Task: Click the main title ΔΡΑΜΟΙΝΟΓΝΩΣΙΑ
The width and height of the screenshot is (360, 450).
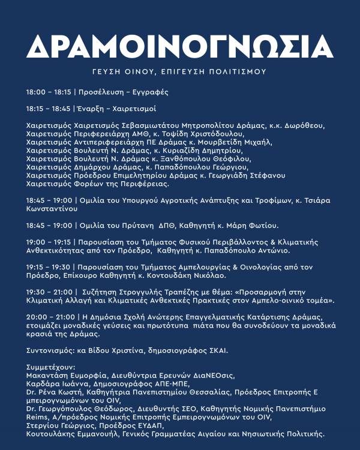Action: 180,46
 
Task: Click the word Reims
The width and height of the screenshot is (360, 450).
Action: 37,416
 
